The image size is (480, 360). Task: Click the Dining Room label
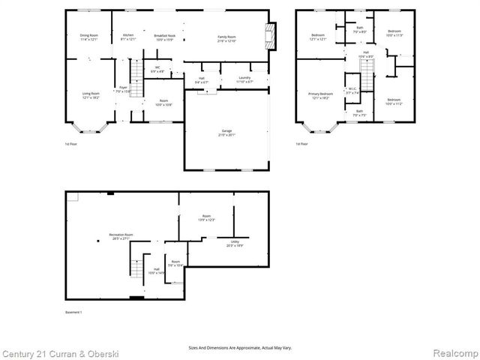(89, 35)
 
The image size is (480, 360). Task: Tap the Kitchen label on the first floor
(127, 35)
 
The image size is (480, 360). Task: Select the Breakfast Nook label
(164, 35)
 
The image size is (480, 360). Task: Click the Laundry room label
(244, 77)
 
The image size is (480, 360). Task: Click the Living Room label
(90, 93)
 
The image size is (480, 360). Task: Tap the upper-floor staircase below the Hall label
(367, 73)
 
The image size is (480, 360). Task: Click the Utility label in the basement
(235, 241)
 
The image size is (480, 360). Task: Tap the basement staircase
(136, 268)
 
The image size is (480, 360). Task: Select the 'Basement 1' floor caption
(73, 311)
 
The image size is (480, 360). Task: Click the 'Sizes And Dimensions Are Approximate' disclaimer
(239, 347)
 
